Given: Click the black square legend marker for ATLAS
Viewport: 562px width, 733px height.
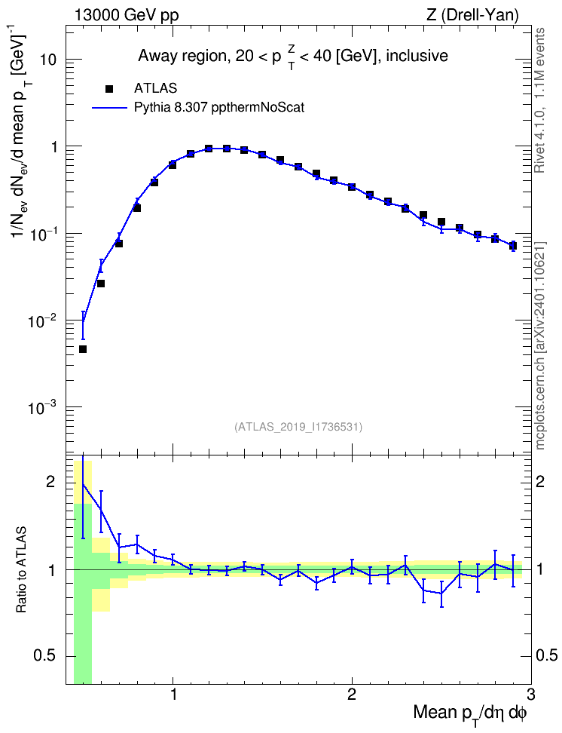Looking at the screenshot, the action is point(109,88).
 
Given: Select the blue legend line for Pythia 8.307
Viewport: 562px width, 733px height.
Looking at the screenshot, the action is point(109,108).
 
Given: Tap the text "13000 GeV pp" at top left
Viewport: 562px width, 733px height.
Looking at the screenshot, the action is point(126,15).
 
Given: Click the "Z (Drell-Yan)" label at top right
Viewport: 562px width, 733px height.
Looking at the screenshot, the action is point(472,15).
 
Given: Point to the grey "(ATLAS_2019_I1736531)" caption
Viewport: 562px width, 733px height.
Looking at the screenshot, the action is point(298,426).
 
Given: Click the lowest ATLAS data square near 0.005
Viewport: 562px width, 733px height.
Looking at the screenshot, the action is point(83,349).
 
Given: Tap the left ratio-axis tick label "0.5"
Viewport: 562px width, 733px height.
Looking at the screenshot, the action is point(45,656).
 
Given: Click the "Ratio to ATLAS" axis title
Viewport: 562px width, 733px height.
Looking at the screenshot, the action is point(21,570).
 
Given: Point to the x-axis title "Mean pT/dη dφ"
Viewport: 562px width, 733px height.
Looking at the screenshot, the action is point(470,713).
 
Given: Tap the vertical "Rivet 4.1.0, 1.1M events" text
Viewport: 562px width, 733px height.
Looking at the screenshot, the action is point(540,100).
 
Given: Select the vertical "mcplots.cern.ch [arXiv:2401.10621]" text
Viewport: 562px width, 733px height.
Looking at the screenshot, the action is point(540,345).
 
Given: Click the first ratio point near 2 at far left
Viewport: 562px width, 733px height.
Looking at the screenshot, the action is point(83,484).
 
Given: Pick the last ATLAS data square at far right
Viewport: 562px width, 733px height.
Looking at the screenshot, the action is point(512,245).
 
